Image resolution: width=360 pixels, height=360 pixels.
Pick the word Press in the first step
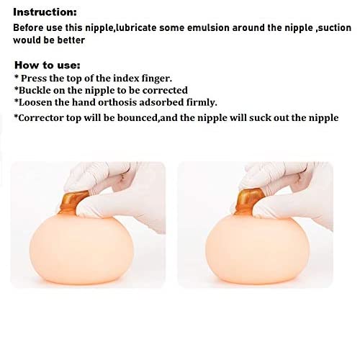(35, 78)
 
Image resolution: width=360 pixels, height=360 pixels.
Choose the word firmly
(199, 103)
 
